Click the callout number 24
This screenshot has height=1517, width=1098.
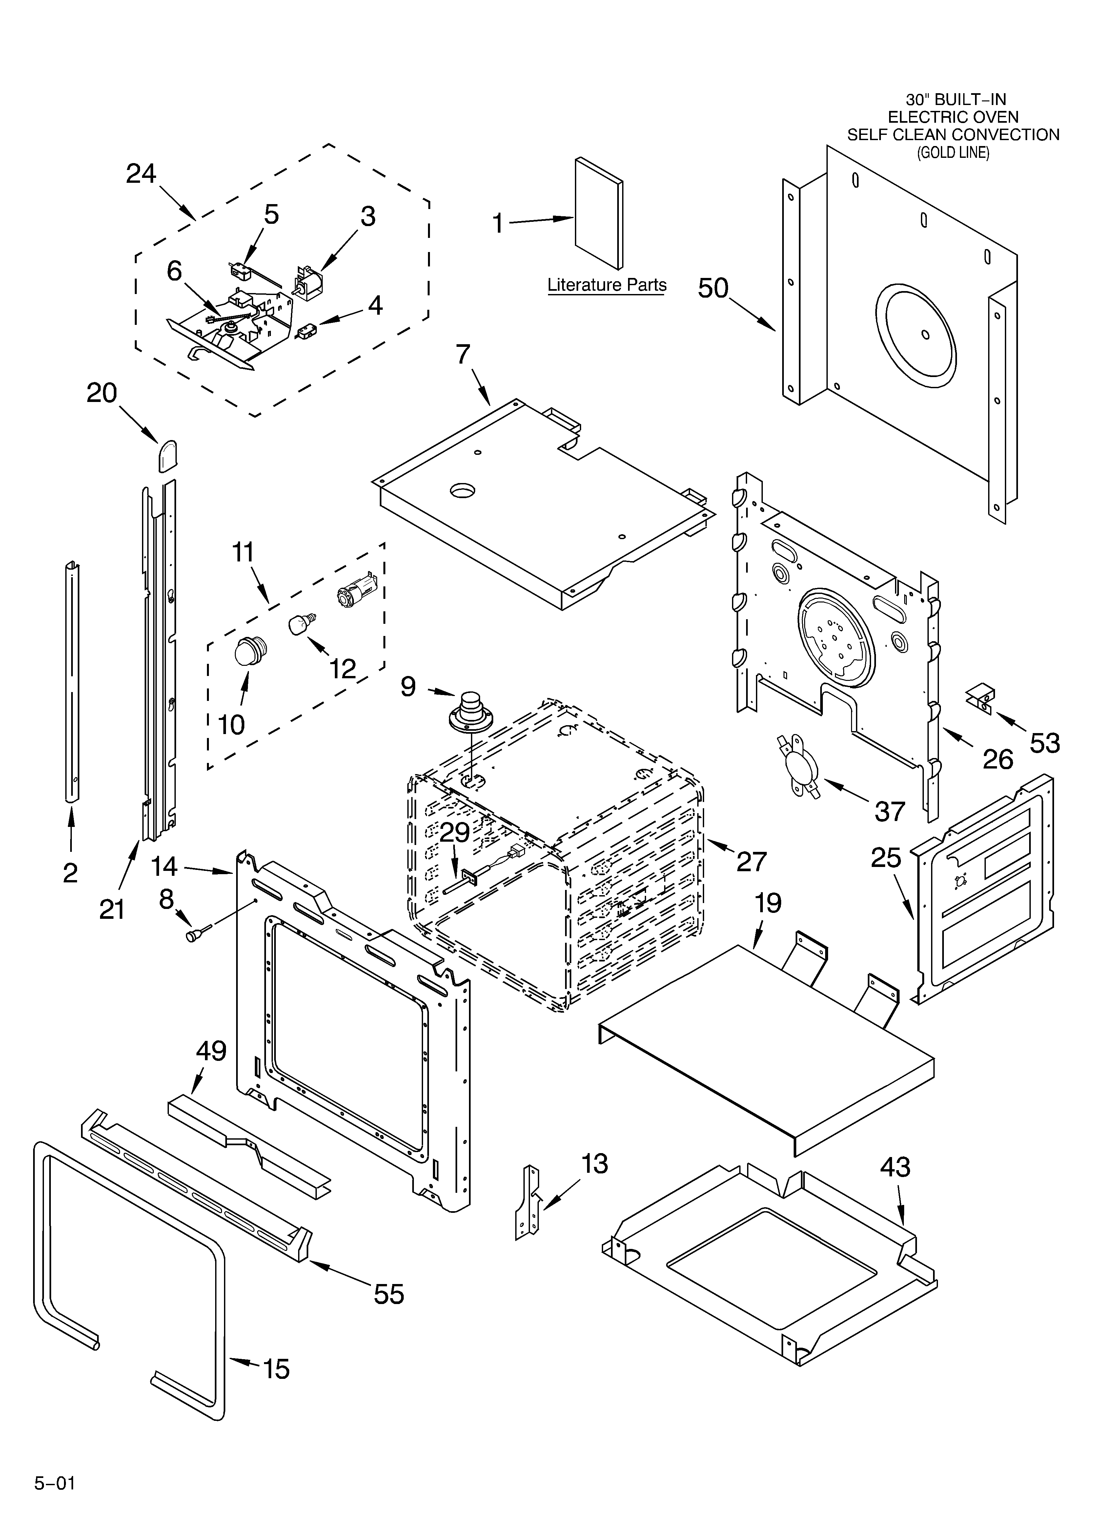click(x=141, y=174)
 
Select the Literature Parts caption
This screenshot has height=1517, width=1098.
click(x=606, y=285)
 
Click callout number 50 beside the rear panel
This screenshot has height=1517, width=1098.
click(x=713, y=288)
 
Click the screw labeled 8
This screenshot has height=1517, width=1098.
click(x=195, y=936)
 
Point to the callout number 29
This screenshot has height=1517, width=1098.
click(x=455, y=833)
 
